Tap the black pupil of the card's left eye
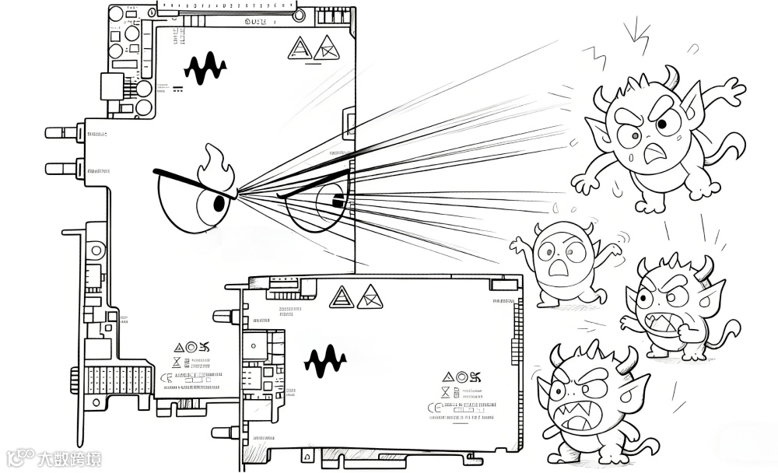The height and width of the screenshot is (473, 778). pos(219,204)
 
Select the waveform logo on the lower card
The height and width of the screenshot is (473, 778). pos(324,360)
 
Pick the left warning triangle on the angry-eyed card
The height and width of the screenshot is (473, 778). pos(300,48)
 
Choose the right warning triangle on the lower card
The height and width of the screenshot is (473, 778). pos(370,296)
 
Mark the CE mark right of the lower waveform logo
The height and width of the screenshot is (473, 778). pos(432,406)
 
